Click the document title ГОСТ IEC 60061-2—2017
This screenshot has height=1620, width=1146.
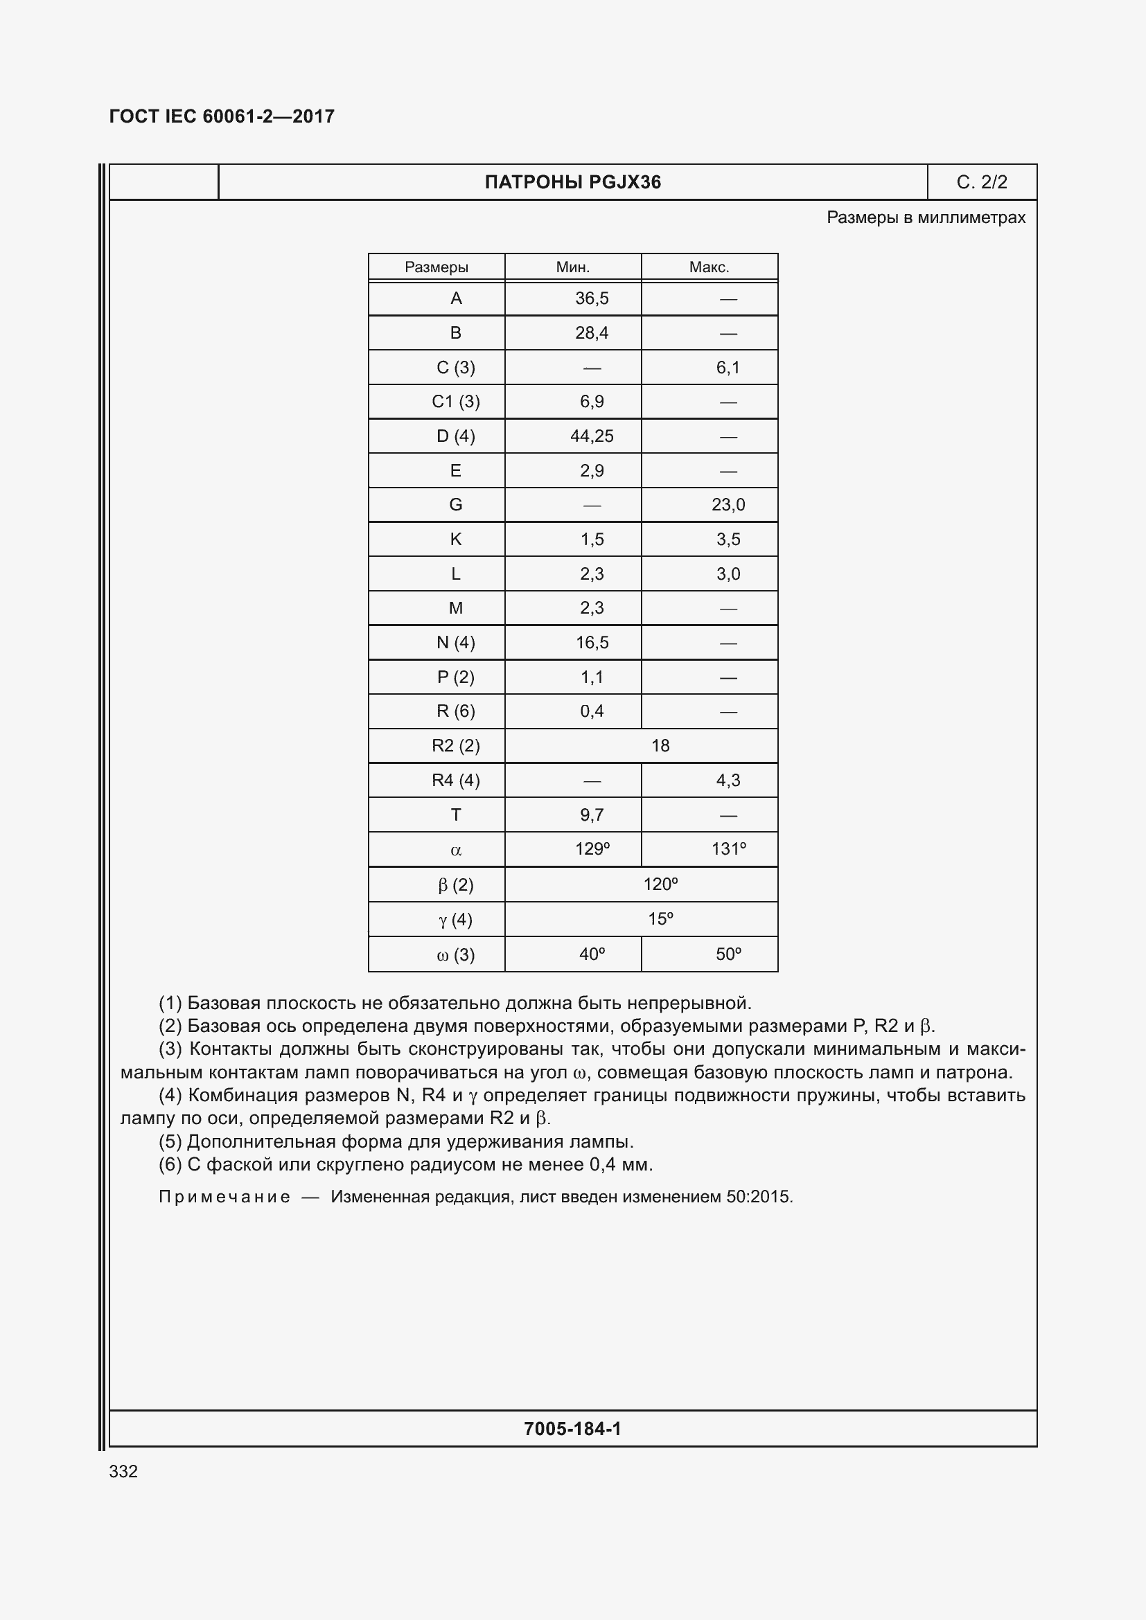click(x=222, y=116)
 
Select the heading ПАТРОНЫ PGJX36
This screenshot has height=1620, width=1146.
click(x=572, y=182)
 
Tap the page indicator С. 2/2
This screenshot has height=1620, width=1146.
click(x=982, y=182)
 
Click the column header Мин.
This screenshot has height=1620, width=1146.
click(x=572, y=267)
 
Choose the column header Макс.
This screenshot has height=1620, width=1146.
click(x=709, y=267)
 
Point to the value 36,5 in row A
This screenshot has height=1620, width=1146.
click(x=591, y=299)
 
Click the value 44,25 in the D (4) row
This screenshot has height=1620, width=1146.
click(x=591, y=436)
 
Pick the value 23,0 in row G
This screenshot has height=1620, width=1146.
click(x=728, y=504)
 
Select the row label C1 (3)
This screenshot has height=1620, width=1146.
click(x=456, y=402)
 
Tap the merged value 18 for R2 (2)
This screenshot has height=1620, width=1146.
click(x=660, y=746)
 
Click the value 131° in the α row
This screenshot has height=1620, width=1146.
click(x=728, y=849)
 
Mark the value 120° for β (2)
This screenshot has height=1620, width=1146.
click(x=660, y=884)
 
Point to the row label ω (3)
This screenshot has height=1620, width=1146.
click(x=456, y=954)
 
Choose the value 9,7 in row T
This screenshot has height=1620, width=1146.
click(x=591, y=815)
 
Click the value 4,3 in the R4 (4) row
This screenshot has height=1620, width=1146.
click(x=728, y=781)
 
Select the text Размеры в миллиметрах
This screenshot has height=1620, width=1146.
click(x=926, y=217)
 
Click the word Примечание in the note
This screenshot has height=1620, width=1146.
click(x=224, y=1197)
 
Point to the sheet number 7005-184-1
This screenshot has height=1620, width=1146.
click(x=572, y=1429)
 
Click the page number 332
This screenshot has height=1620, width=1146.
click(x=123, y=1471)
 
